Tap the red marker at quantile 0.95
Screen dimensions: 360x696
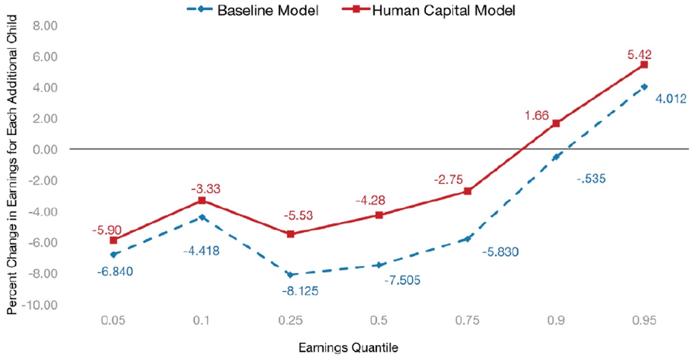(x=644, y=64)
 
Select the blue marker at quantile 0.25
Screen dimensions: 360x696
(x=291, y=275)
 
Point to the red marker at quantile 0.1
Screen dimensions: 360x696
(x=202, y=200)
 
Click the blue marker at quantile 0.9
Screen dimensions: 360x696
(x=556, y=157)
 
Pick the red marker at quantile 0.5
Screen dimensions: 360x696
(x=379, y=215)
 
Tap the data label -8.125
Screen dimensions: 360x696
(x=300, y=291)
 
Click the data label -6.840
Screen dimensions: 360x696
(x=115, y=271)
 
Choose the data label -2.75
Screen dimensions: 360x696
(x=448, y=179)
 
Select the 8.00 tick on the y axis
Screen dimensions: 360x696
(x=43, y=25)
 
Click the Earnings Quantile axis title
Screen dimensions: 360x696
(x=348, y=348)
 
